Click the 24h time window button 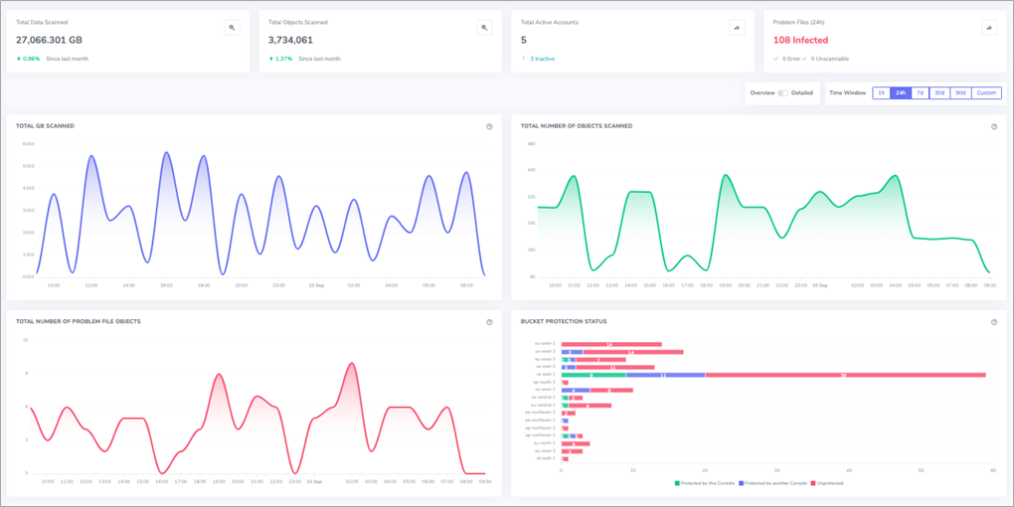tap(900, 92)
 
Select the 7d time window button tap(920, 92)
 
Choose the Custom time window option tap(985, 92)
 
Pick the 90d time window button tap(959, 92)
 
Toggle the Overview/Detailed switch tap(782, 92)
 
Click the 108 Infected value tap(800, 40)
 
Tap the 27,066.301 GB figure tap(49, 40)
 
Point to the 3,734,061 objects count tap(290, 40)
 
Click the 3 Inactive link tap(542, 59)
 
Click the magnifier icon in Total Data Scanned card tap(233, 28)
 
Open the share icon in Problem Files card tap(989, 28)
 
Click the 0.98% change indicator tap(31, 59)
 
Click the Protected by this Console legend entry tap(706, 483)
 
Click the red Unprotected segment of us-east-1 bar tap(845, 375)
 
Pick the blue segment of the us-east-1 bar tap(664, 375)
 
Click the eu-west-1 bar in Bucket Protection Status tap(611, 345)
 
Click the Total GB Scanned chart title tap(46, 126)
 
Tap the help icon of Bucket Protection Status tap(994, 322)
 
